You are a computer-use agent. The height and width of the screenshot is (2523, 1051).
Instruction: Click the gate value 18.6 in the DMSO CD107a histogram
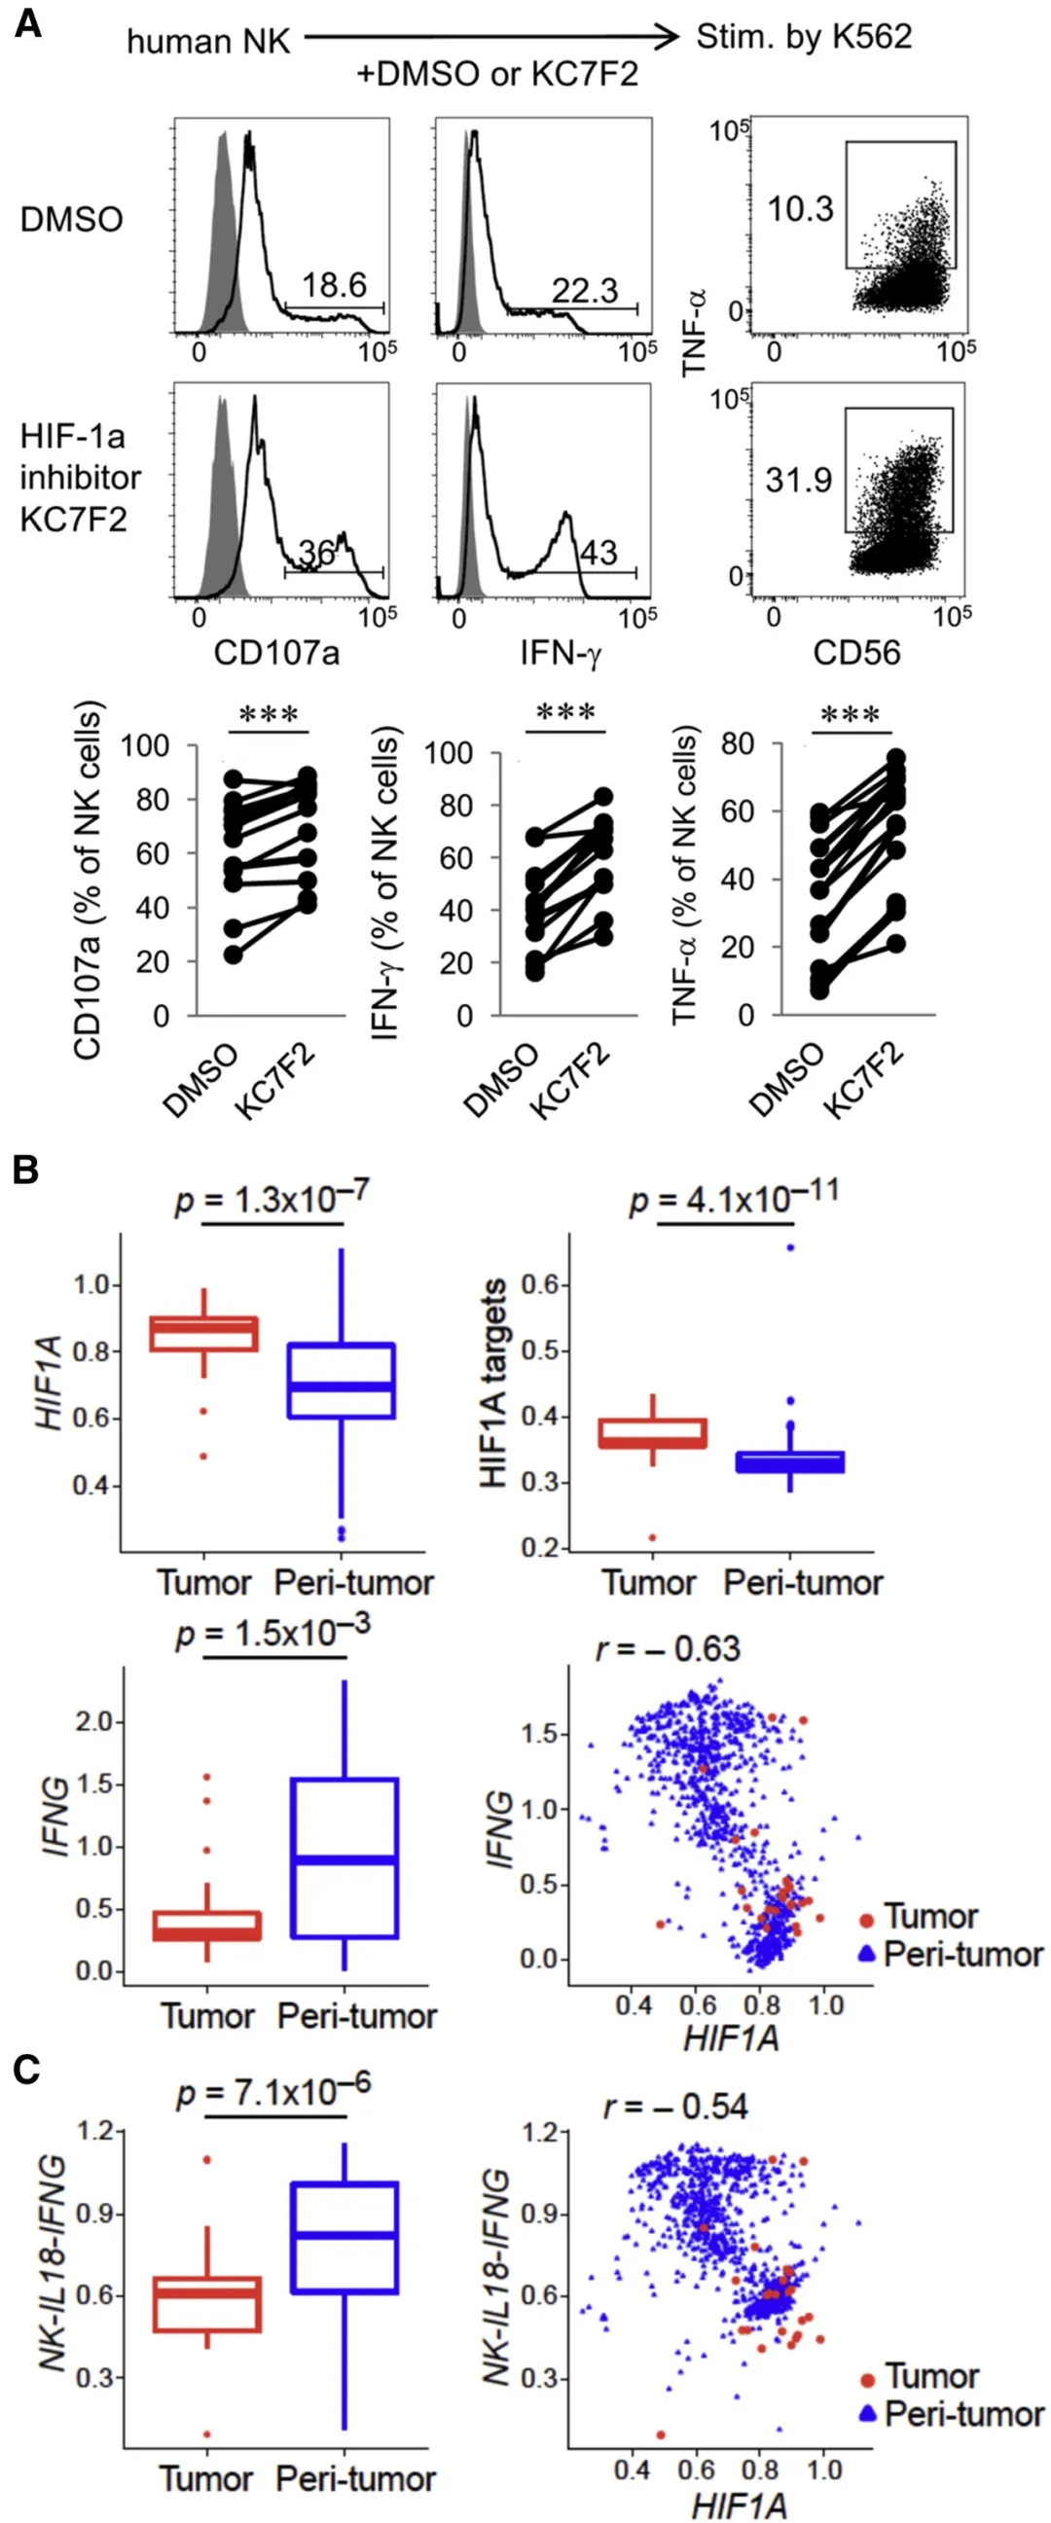pyautogui.click(x=334, y=285)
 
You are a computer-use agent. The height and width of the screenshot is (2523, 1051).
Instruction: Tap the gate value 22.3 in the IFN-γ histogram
pyautogui.click(x=585, y=290)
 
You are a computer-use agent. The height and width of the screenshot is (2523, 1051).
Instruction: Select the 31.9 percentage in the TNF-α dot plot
pyautogui.click(x=798, y=480)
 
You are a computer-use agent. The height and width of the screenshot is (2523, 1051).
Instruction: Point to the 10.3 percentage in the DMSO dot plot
pyautogui.click(x=800, y=208)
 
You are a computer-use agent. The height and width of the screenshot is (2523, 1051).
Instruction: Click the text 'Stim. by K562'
pyautogui.click(x=803, y=37)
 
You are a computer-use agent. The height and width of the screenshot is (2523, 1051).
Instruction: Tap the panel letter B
pyautogui.click(x=26, y=1170)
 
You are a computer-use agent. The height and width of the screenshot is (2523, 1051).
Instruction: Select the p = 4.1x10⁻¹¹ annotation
pyautogui.click(x=733, y=1197)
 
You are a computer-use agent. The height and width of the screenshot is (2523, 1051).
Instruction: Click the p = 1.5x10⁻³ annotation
pyautogui.click(x=273, y=1633)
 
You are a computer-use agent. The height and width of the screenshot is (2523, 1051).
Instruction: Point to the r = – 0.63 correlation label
pyautogui.click(x=668, y=1649)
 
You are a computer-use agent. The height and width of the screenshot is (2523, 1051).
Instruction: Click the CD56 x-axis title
pyautogui.click(x=856, y=653)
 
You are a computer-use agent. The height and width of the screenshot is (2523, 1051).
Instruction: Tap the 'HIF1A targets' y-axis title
pyautogui.click(x=494, y=1382)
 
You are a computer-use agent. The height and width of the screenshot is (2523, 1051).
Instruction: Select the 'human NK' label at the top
pyautogui.click(x=208, y=41)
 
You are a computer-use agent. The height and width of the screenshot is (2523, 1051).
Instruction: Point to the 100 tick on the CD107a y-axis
pyautogui.click(x=144, y=746)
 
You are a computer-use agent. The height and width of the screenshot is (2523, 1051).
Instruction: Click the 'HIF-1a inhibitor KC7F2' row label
pyautogui.click(x=81, y=477)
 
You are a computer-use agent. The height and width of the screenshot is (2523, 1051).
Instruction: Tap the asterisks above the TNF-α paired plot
pyautogui.click(x=850, y=715)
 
